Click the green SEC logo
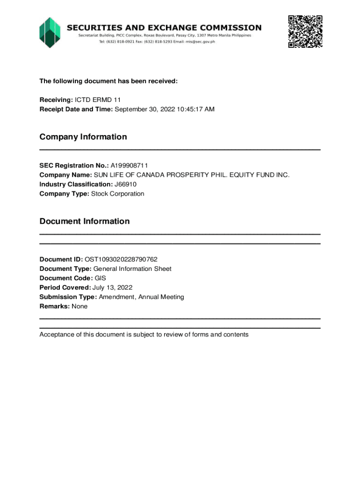[x=50, y=32]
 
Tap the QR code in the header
[x=305, y=32]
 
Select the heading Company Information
[x=83, y=137]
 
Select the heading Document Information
[x=85, y=221]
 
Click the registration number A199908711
[x=130, y=166]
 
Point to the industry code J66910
[x=125, y=184]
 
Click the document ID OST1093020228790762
[x=121, y=259]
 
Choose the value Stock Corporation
[x=117, y=194]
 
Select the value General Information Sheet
[x=132, y=269]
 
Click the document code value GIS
[x=101, y=278]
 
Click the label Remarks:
[x=54, y=306]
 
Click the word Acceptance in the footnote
[x=57, y=334]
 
